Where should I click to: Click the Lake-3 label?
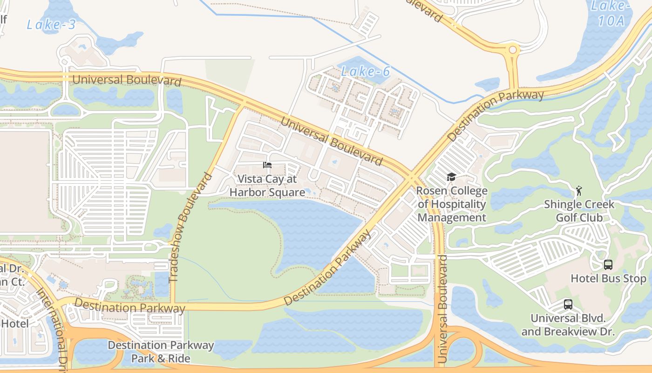coord(51,24)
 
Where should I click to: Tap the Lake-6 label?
coord(365,71)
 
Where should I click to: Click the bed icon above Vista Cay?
coord(267,165)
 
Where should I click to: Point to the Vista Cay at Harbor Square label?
coord(267,185)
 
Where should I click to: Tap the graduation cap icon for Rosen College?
coord(451,177)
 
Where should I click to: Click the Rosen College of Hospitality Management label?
coord(452,204)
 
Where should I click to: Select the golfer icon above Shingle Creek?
coord(579,190)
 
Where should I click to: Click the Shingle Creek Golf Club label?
coord(579,211)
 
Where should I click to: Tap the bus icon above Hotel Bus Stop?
coord(608,265)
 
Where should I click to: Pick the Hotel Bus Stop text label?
coord(609,279)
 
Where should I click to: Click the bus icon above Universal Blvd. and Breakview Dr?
coord(568,304)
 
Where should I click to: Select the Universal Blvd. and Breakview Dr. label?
coord(568,325)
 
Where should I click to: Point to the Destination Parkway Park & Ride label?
coord(161,352)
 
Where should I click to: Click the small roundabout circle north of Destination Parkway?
coord(513,49)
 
